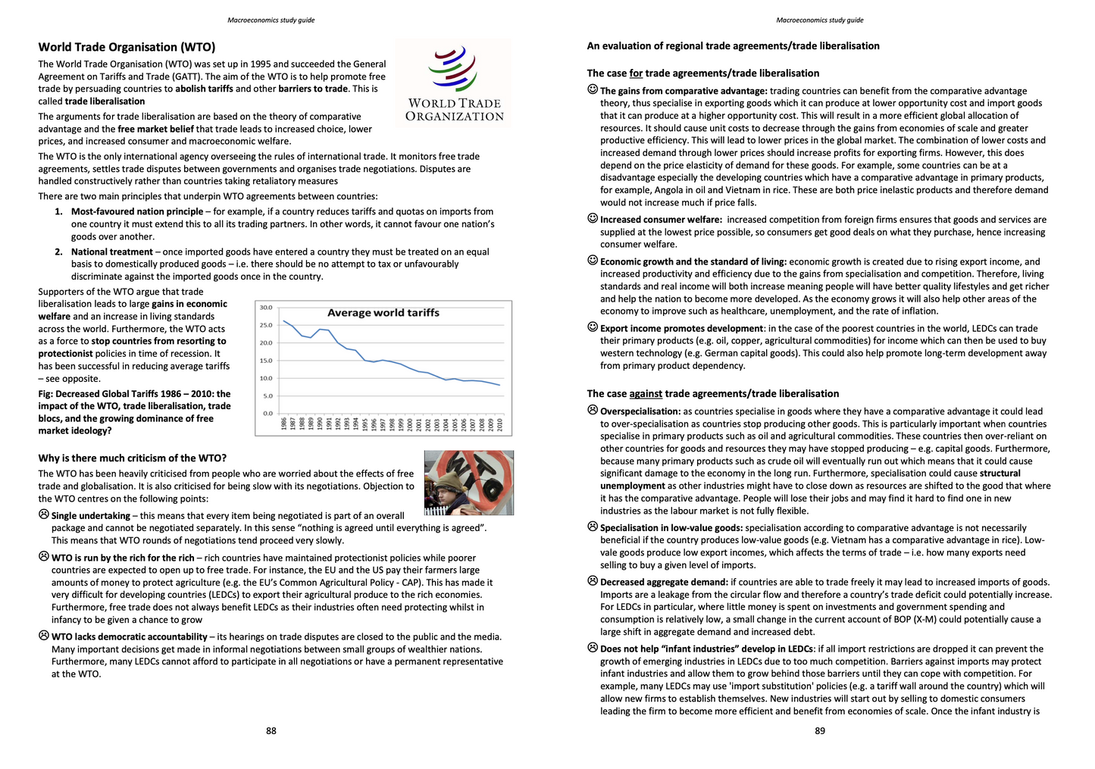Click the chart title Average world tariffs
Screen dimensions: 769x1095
click(383, 313)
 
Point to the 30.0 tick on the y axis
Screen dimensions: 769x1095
click(266, 308)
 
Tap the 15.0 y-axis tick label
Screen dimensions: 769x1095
click(266, 361)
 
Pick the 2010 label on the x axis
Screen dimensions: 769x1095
click(500, 424)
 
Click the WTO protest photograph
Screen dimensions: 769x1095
click(468, 483)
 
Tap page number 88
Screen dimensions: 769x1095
click(271, 731)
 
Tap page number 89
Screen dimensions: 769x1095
click(820, 731)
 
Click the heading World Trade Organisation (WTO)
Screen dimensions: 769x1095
click(127, 47)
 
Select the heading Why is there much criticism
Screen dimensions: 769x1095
click(133, 458)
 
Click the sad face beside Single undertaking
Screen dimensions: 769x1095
click(44, 514)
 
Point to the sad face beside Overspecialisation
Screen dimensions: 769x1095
click(593, 411)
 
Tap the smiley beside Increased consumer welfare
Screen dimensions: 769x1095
click(593, 219)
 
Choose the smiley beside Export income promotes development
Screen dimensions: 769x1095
click(593, 327)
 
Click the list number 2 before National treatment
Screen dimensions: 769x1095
click(59, 252)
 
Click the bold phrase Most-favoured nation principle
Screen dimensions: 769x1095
click(137, 212)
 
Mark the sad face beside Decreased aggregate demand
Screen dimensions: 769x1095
click(593, 581)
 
